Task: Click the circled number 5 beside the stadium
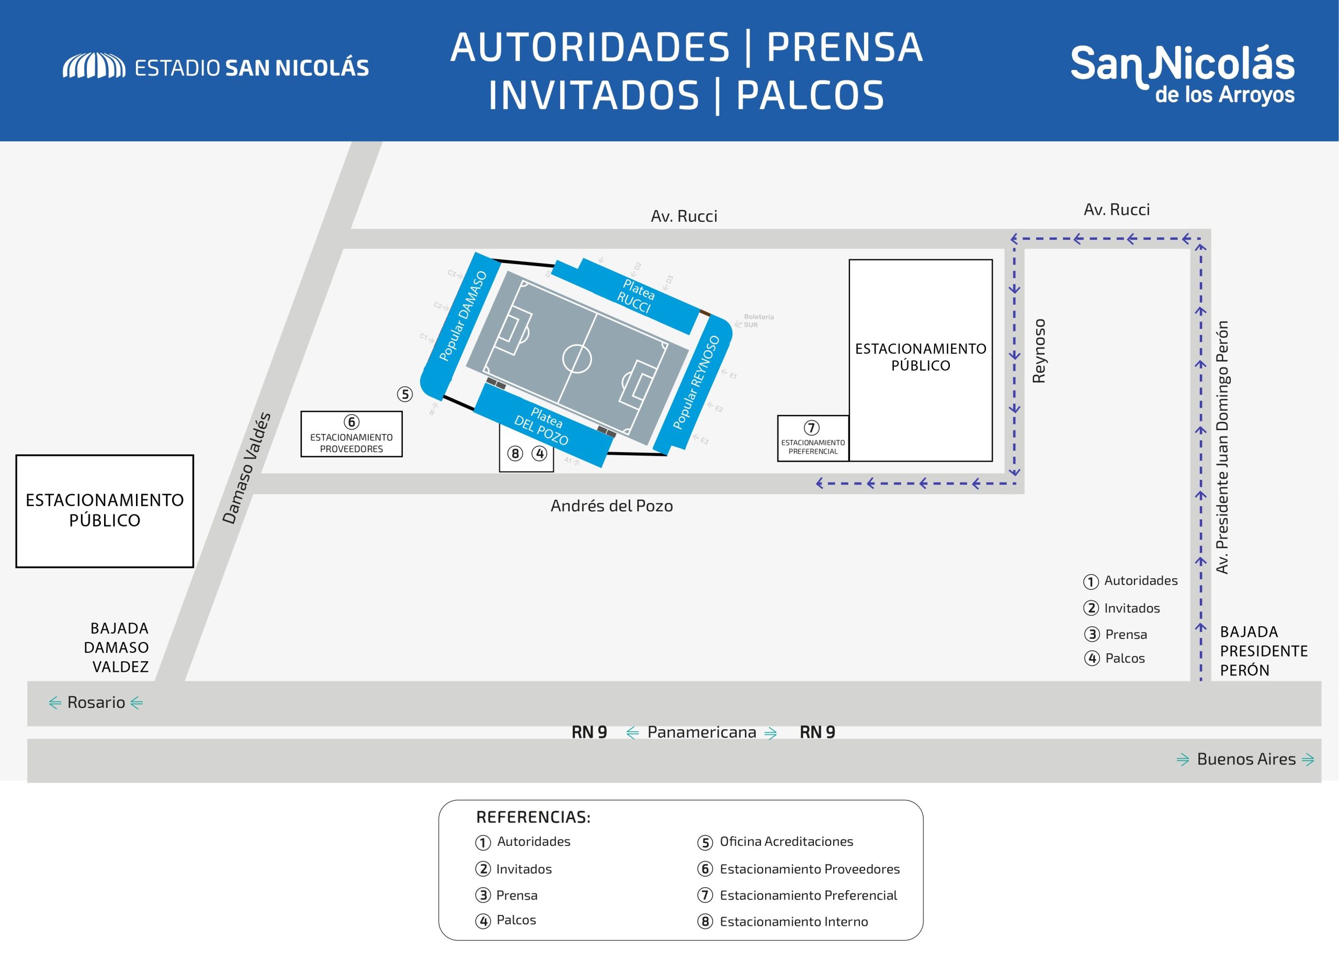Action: [x=404, y=394]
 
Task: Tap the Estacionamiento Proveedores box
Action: [x=351, y=434]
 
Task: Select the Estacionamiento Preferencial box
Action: [x=812, y=439]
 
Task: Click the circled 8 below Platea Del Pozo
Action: [x=515, y=454]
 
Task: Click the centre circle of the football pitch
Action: [x=576, y=358]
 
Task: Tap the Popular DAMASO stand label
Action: [x=463, y=316]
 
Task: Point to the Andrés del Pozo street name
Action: [x=611, y=506]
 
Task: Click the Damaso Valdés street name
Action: [x=246, y=468]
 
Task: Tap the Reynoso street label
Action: [x=1038, y=351]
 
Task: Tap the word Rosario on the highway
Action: [x=96, y=703]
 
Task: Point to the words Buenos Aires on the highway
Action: [x=1246, y=760]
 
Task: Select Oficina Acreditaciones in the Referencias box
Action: [x=786, y=842]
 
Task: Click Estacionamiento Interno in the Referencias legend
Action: [x=793, y=922]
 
